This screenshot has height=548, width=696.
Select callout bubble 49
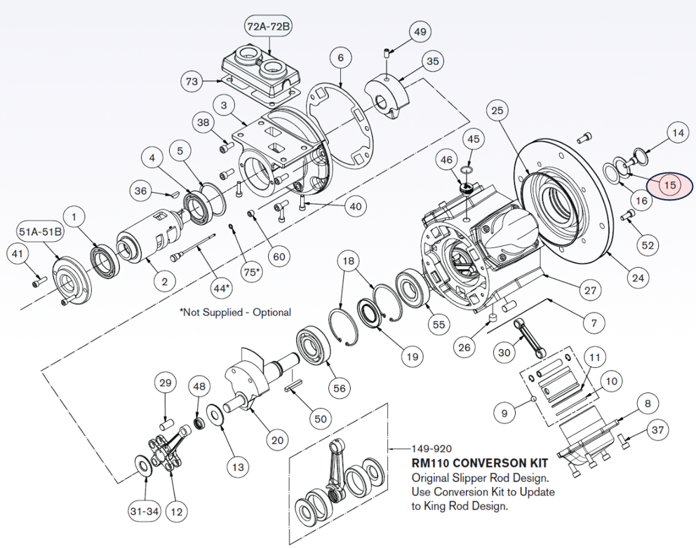tap(420, 32)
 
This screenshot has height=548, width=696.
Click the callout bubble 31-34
tap(144, 512)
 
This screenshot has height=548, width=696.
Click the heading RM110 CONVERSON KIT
tap(479, 463)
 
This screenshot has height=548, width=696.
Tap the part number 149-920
tap(433, 448)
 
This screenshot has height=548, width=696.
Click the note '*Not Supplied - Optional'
tap(235, 313)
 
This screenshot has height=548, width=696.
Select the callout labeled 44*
tap(220, 288)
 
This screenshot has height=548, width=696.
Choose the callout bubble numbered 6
tap(340, 57)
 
